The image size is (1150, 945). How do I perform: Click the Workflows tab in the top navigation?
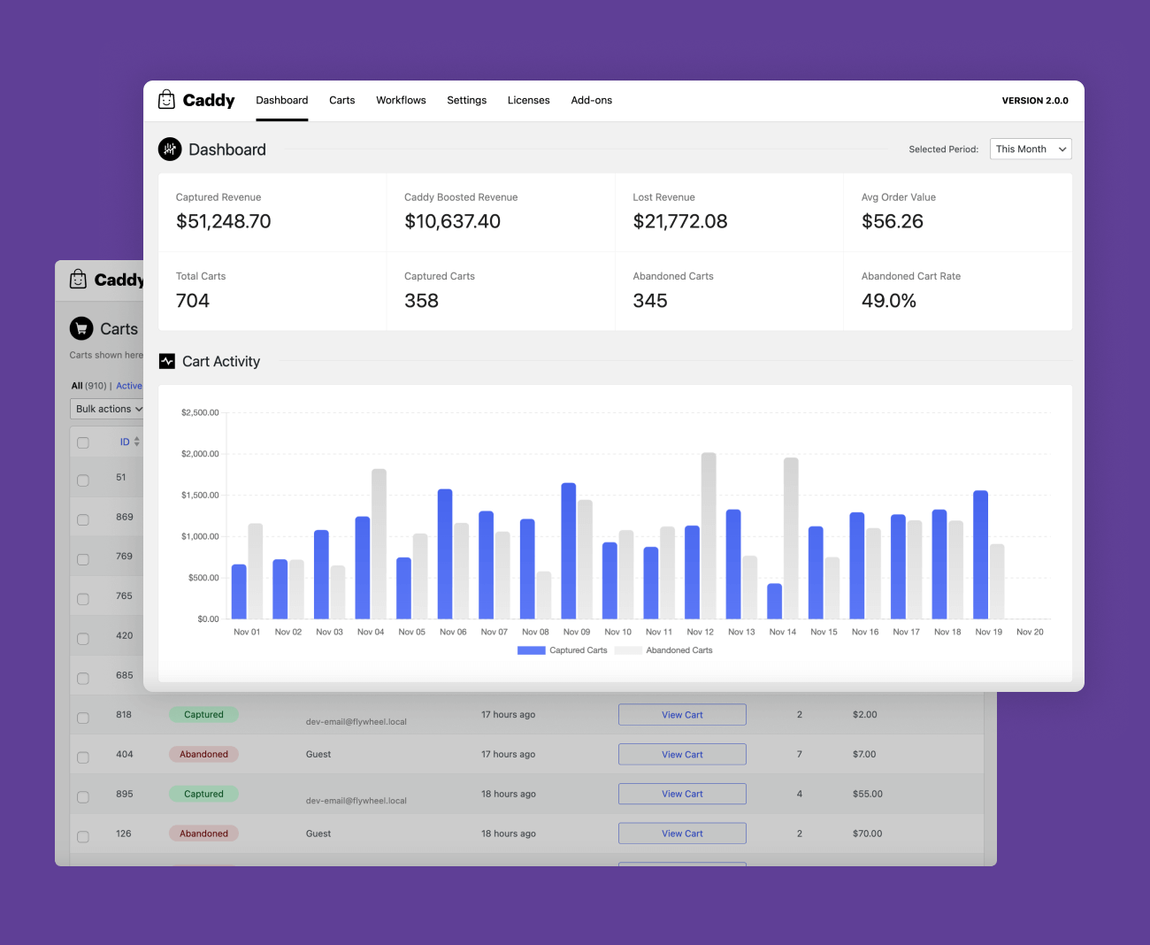tap(401, 100)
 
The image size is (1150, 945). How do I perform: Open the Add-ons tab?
tap(591, 100)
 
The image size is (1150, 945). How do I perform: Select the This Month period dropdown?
tap(1031, 149)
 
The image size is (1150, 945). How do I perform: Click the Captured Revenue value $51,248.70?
tap(223, 221)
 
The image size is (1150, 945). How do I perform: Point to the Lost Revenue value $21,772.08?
tap(680, 221)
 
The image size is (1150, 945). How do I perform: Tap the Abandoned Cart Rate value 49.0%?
tap(889, 301)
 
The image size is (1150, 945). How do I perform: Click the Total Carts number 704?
tap(193, 301)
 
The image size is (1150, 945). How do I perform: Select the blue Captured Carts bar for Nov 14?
tap(774, 602)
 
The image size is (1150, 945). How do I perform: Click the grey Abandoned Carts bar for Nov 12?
tap(709, 536)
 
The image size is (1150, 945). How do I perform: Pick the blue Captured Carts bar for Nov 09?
tap(568, 550)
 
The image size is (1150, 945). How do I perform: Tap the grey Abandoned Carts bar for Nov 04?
tap(379, 544)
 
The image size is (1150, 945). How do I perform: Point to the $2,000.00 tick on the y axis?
tap(200, 454)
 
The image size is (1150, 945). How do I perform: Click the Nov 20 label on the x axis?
tap(1030, 632)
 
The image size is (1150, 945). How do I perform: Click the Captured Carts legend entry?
tap(562, 650)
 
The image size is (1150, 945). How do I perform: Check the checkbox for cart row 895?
tap(83, 796)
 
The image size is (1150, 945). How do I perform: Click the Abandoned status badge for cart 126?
tap(203, 834)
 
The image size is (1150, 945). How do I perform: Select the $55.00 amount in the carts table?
tap(868, 794)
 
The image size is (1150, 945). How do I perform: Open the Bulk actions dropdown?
tap(107, 409)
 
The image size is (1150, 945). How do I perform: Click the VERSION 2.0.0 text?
tap(1035, 101)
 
